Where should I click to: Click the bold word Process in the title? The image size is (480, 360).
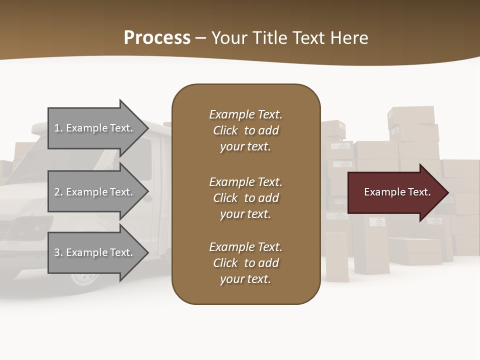click(x=157, y=38)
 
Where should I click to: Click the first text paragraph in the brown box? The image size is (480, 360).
click(x=245, y=130)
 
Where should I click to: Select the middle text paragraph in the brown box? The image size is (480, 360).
click(x=245, y=197)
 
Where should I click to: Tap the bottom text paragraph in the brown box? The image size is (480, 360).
click(x=245, y=263)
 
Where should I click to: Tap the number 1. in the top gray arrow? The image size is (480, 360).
click(x=58, y=128)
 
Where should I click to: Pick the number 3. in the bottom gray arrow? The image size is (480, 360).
click(x=58, y=252)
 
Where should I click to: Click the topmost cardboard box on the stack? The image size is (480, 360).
click(x=411, y=115)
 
